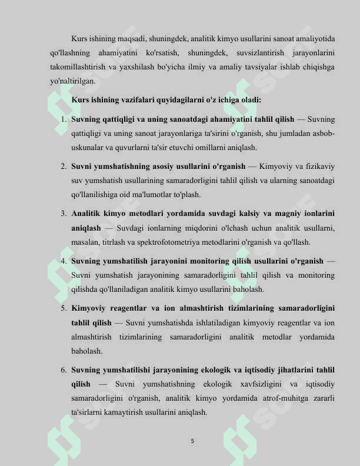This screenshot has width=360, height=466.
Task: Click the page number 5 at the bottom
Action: pyautogui.click(x=192, y=440)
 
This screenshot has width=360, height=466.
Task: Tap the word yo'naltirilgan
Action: pyautogui.click(x=73, y=82)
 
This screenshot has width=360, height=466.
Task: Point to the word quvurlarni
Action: pyautogui.click(x=138, y=148)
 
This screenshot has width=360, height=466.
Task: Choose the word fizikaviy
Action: pyautogui.click(x=318, y=167)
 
